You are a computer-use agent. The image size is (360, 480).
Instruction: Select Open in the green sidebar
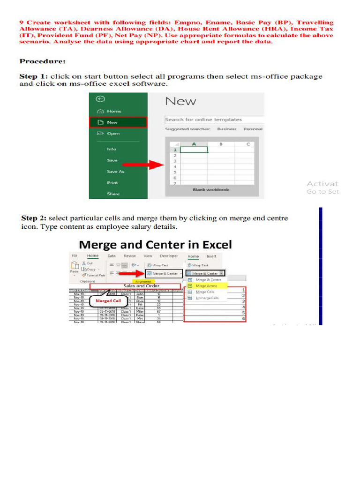[113, 134]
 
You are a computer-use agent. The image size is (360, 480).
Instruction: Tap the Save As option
[115, 172]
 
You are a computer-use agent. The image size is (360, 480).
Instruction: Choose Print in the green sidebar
[112, 183]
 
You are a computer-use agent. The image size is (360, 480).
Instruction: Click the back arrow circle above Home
[100, 99]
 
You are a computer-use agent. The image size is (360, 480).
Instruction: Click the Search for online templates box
[214, 120]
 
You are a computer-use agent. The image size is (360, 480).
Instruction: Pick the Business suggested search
[226, 129]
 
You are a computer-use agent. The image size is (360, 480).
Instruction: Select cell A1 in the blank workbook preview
[194, 150]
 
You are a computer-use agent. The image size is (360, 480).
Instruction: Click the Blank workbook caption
[210, 190]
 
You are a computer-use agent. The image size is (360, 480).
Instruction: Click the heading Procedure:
[42, 61]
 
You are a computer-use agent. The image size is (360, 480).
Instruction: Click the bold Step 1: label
[33, 76]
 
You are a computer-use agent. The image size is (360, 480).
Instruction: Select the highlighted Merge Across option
[206, 285]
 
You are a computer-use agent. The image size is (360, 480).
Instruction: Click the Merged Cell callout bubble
[108, 300]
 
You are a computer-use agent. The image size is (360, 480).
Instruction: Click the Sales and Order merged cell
[141, 285]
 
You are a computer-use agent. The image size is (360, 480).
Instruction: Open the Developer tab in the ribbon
[169, 256]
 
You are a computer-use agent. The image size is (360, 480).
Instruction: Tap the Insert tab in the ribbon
[211, 256]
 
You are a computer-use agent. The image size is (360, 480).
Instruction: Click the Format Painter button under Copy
[95, 275]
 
